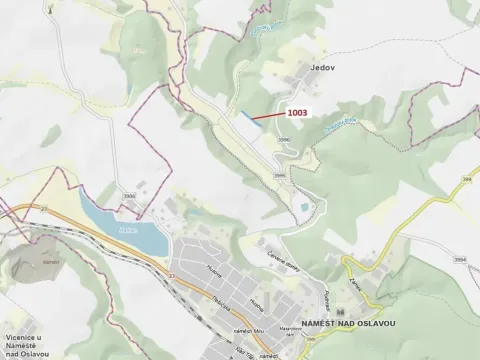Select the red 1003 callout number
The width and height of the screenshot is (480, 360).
[x=297, y=114]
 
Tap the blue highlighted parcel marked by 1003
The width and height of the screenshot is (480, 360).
[x=243, y=116]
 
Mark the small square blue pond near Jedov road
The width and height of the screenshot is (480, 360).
[x=301, y=208]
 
